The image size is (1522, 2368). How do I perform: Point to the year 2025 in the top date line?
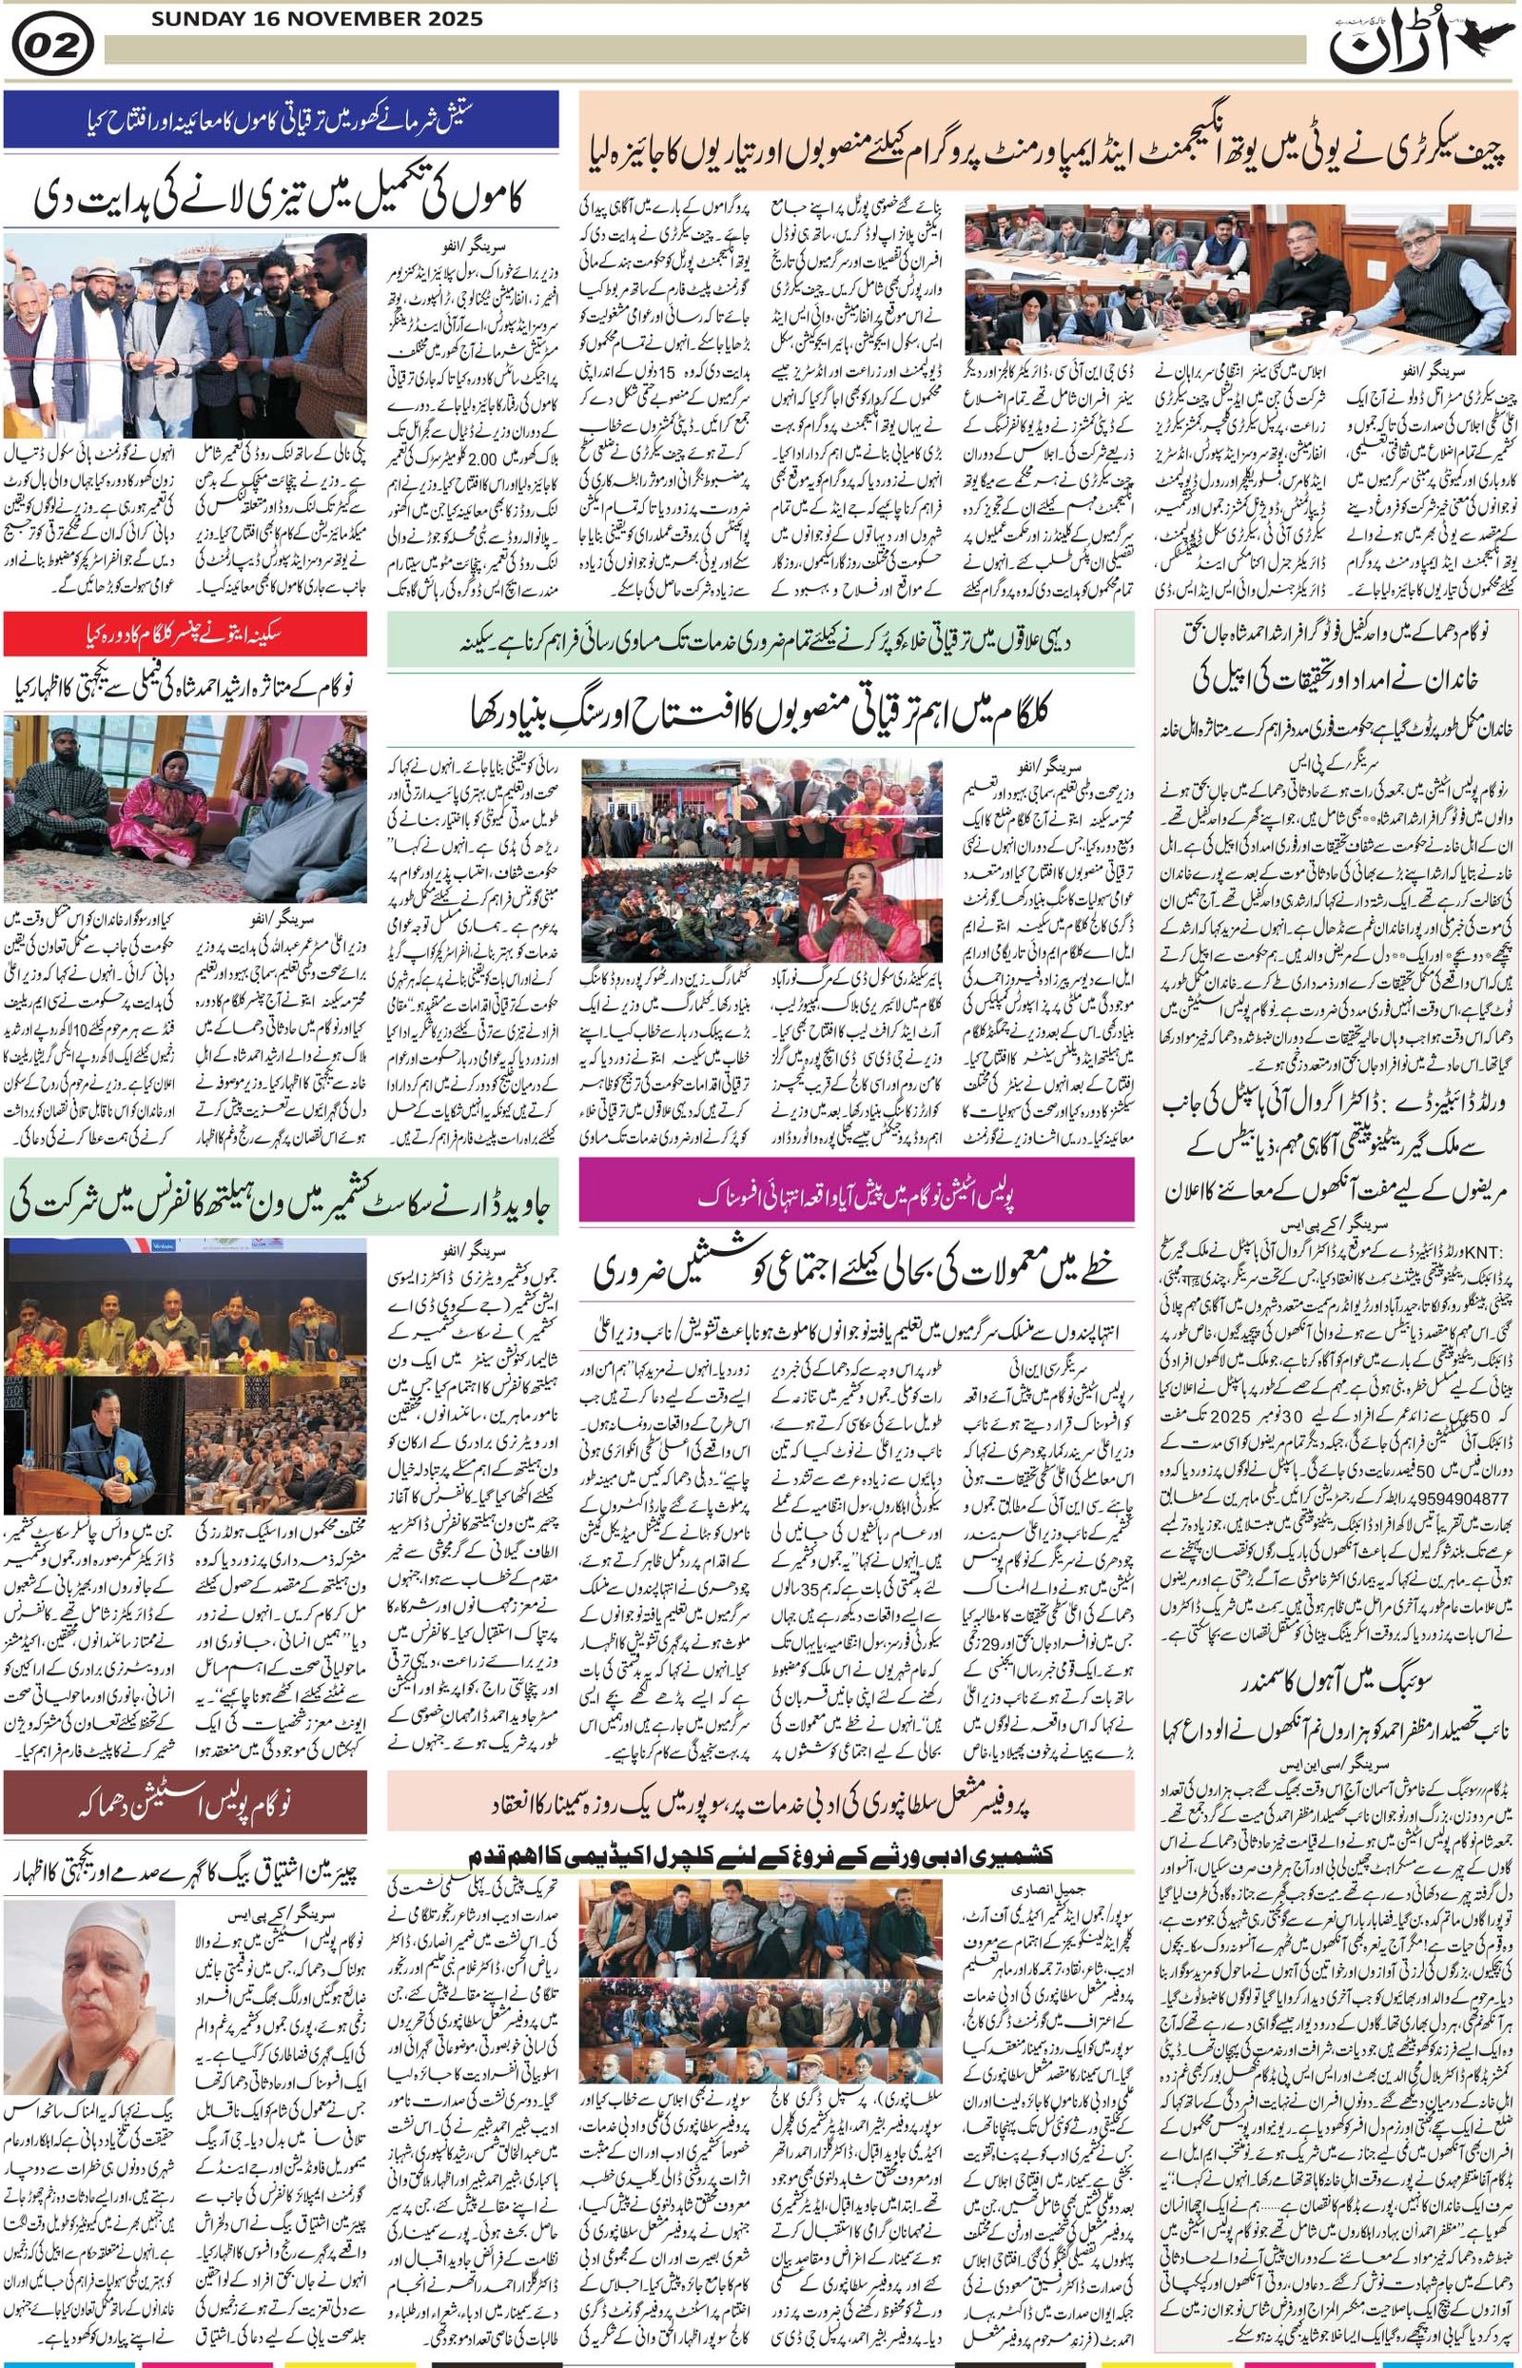point(449,19)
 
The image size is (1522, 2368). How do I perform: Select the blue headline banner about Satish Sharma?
point(281,120)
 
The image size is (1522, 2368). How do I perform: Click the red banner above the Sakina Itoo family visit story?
point(185,635)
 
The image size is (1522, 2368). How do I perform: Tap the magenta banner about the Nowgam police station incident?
point(856,1196)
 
